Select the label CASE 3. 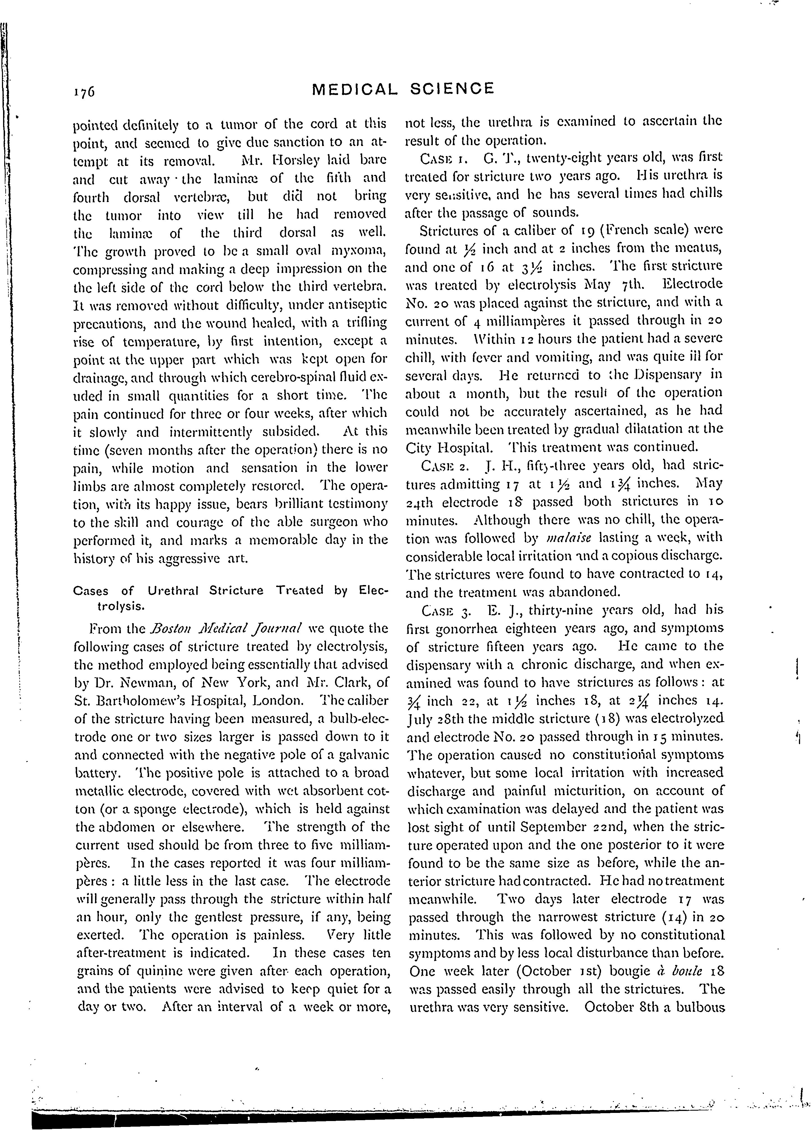(444, 610)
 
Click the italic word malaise (565, 538)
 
